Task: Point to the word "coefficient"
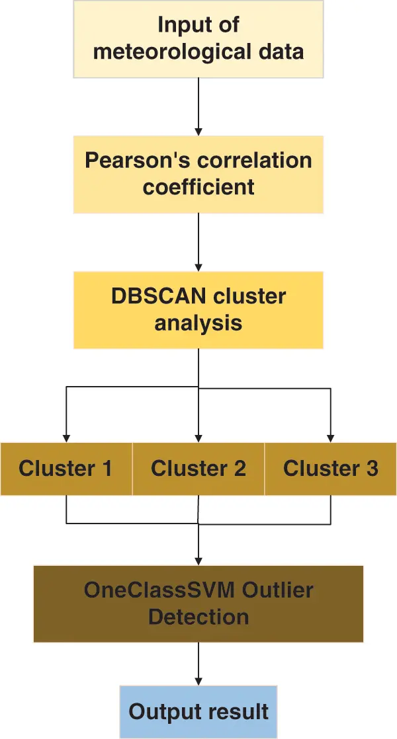[198, 187]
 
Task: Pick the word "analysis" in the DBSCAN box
[198, 323]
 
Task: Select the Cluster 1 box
[66, 469]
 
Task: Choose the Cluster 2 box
[198, 469]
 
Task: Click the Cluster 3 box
[331, 469]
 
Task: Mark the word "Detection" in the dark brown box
[198, 617]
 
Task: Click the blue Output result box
[198, 712]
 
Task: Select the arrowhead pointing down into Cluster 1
[66, 437]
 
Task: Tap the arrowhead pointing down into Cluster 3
[331, 437]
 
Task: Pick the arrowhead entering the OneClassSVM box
[198, 561]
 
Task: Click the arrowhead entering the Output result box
[198, 681]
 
